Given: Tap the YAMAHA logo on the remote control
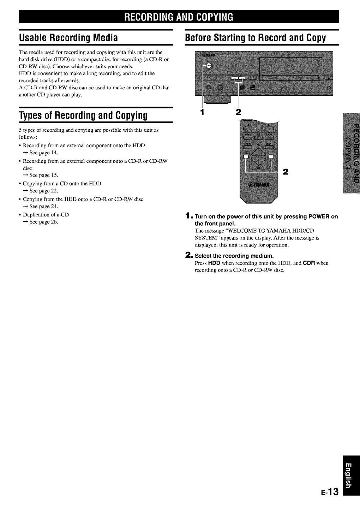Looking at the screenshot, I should (258, 185).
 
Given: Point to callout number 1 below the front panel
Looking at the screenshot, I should (202, 113).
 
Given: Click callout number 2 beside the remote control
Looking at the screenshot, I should (286, 172).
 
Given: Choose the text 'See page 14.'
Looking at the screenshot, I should (43, 153).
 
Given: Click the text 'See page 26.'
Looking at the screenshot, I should (43, 222).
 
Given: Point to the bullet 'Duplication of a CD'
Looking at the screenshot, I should (46, 215).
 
